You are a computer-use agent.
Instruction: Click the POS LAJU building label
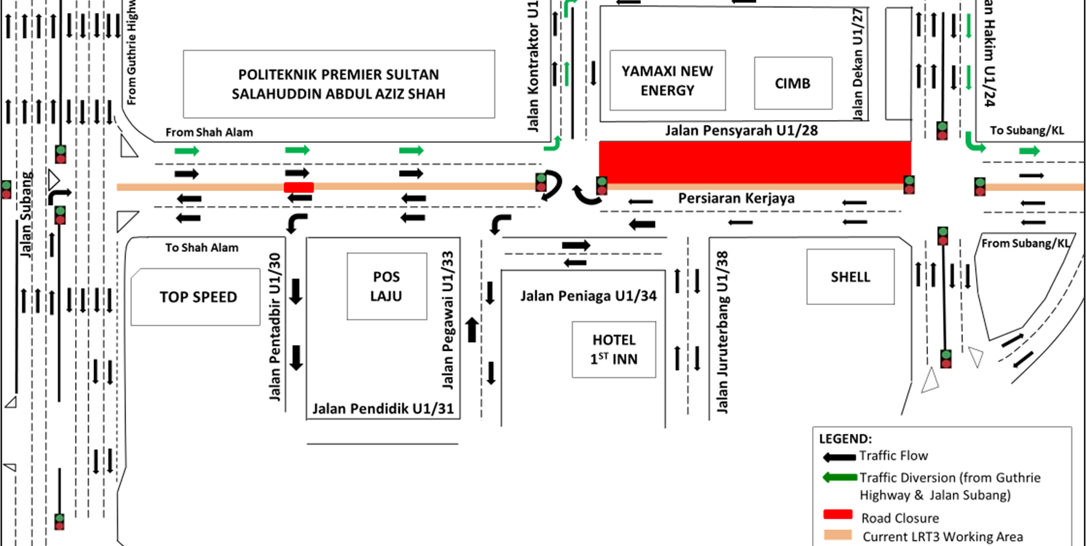(386, 286)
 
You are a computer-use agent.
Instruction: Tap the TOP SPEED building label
(198, 297)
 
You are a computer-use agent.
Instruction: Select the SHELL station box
(850, 277)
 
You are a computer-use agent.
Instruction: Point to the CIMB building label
(792, 83)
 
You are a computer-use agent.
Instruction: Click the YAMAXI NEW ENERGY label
(667, 81)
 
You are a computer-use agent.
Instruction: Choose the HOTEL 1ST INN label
(613, 349)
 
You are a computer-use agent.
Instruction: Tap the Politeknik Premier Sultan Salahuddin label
(338, 84)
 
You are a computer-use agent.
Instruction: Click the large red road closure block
(755, 162)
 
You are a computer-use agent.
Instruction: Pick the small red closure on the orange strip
(299, 187)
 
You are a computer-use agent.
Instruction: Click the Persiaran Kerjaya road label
(736, 198)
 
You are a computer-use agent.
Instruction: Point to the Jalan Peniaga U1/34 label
(588, 296)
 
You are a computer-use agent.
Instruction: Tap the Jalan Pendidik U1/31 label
(383, 408)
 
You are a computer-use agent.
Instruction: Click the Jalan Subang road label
(28, 215)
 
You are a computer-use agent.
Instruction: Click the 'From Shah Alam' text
(209, 132)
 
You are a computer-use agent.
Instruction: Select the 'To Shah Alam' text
(202, 248)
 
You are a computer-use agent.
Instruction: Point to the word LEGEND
(845, 439)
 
